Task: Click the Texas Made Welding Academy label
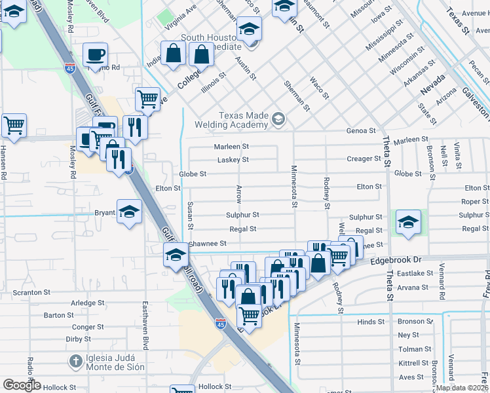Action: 243,120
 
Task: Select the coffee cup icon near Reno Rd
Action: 95,54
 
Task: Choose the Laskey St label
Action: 233,160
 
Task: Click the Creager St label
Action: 364,159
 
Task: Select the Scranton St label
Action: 31,293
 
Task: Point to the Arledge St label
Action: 88,303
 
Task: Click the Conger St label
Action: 88,327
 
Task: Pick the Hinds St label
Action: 371,322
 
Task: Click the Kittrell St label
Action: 414,363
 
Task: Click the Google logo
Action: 22,385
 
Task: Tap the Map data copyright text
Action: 462,388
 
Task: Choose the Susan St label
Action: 191,216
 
